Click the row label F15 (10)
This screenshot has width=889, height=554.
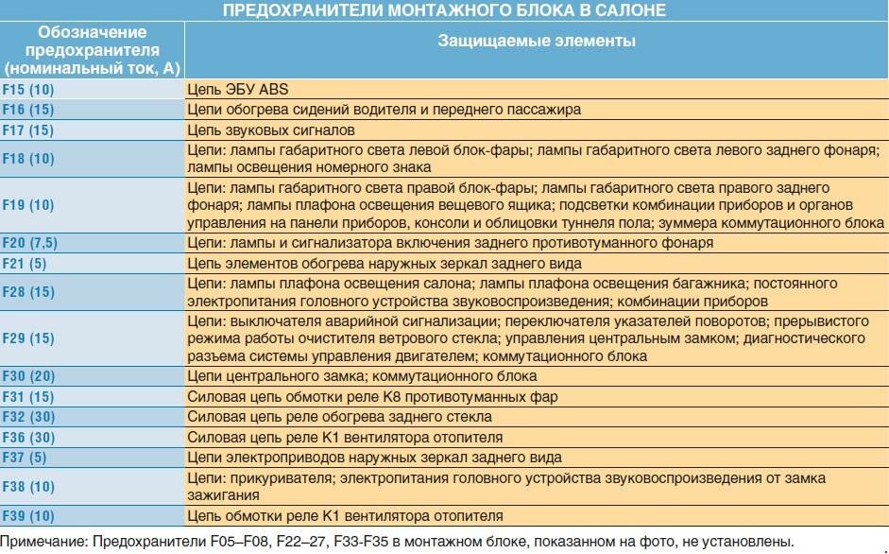[28, 89]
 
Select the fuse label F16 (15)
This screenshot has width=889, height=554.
[28, 109]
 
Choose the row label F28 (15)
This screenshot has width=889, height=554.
[28, 292]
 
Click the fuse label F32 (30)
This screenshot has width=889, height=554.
[28, 416]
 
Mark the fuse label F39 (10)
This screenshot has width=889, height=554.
[28, 516]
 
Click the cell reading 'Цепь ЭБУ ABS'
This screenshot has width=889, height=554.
[237, 89]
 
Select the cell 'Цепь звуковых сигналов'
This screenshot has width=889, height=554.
[271, 130]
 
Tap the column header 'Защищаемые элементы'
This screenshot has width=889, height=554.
[536, 42]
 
